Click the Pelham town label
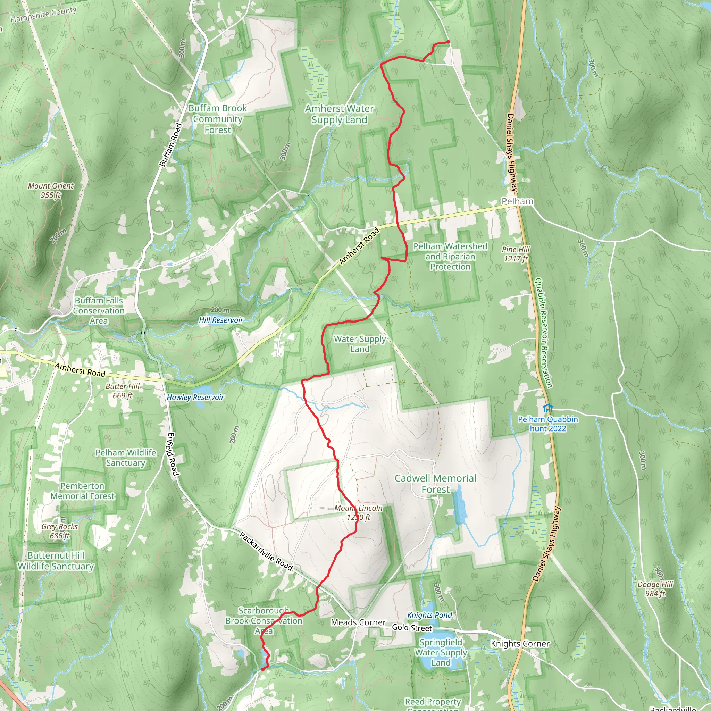point(517,201)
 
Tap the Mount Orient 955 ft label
point(51,190)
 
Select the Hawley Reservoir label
point(195,398)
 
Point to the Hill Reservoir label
point(221,320)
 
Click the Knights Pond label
point(429,615)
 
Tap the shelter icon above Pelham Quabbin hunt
point(548,408)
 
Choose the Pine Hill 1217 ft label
point(516,254)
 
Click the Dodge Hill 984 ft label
point(655,589)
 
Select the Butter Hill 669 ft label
point(122,391)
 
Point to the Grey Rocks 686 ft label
point(60,531)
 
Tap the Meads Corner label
point(358,622)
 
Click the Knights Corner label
point(520,644)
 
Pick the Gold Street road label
point(412,627)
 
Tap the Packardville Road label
point(266,551)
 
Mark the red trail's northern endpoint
point(448,42)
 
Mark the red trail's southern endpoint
point(263,669)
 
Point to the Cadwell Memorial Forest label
point(435,484)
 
